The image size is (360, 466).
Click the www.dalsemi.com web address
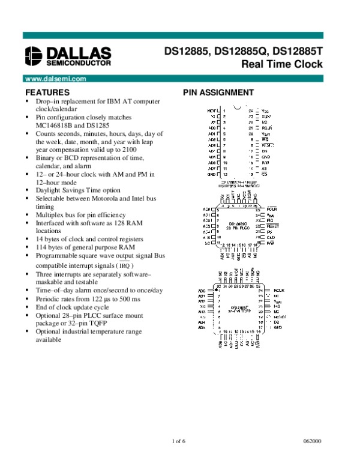[x=53, y=79]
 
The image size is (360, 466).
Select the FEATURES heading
[x=47, y=92]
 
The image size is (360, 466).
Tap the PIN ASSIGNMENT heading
[x=218, y=92]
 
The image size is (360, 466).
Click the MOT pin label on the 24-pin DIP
[x=211, y=111]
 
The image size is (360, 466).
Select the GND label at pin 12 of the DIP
[x=211, y=174]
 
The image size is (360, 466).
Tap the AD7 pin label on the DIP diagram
[x=211, y=168]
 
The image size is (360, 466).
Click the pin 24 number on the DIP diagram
[x=251, y=111]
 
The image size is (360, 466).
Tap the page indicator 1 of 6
[x=179, y=442]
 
